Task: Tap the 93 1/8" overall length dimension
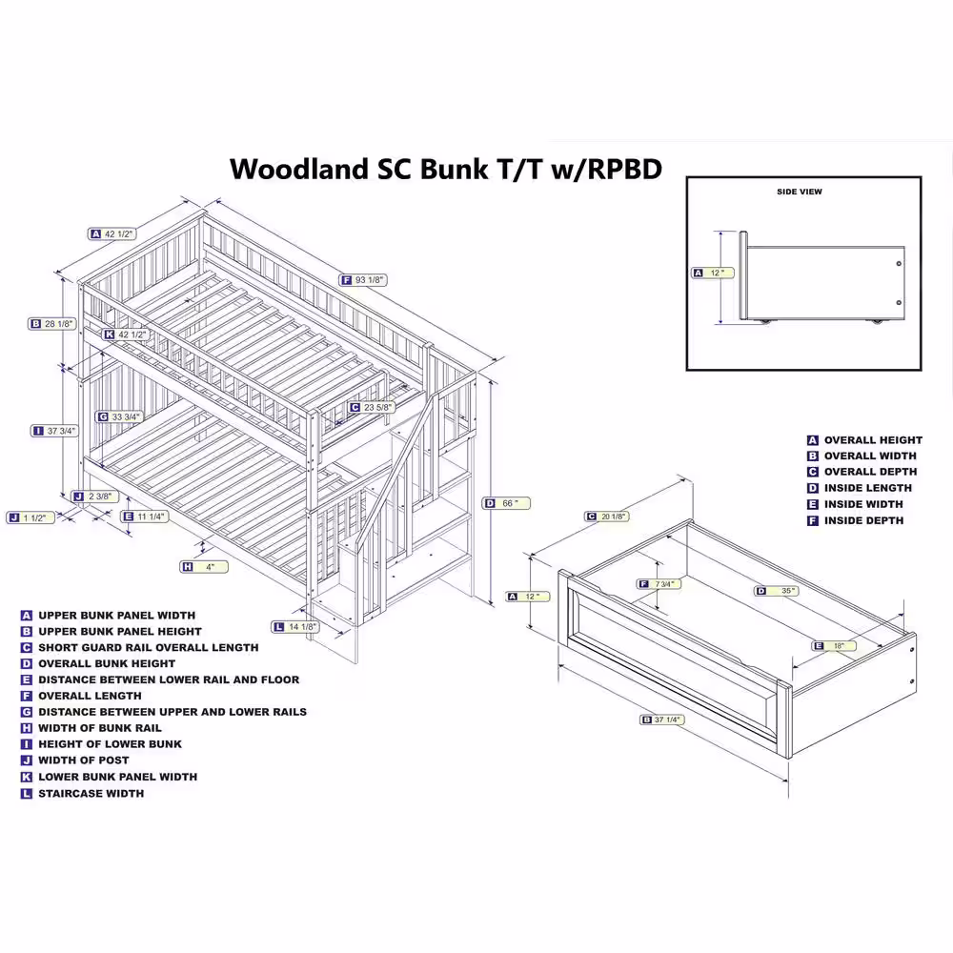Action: click(371, 279)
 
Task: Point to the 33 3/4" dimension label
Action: click(127, 416)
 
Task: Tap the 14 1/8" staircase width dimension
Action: click(301, 626)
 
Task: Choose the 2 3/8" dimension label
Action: click(100, 496)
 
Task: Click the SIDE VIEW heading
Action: click(799, 192)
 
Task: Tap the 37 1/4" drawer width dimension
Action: click(666, 720)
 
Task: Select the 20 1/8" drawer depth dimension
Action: click(613, 517)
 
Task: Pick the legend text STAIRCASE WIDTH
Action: click(91, 793)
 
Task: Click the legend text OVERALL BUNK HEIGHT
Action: click(106, 663)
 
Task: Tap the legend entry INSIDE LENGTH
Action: click(862, 488)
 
